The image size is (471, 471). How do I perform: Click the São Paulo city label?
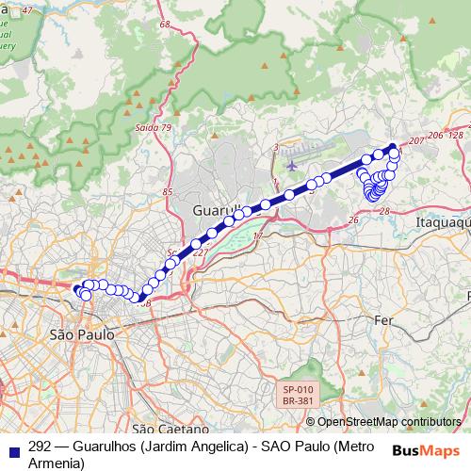[x=80, y=334]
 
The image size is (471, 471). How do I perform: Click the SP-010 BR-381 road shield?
[x=298, y=395]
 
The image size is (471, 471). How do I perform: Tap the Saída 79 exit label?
[x=154, y=127]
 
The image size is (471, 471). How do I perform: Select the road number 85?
[x=168, y=192]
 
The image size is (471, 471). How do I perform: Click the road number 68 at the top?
[x=166, y=23]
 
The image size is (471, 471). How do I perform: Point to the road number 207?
[x=409, y=140]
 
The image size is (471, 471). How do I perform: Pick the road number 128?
[x=456, y=136]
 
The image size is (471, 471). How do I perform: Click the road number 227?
[x=200, y=252]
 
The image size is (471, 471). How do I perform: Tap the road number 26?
[x=353, y=219]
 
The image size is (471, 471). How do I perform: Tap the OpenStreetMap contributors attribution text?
[x=389, y=422]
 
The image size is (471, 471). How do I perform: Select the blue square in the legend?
[x=13, y=447]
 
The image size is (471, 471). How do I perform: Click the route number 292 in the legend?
[x=40, y=447]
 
